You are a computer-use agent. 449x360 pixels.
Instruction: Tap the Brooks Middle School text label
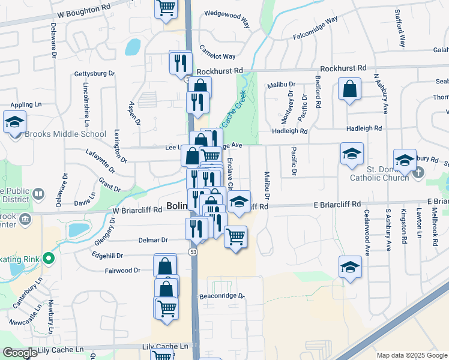click(65, 134)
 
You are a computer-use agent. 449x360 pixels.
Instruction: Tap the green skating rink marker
click(49, 260)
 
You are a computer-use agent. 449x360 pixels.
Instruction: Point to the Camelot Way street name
click(217, 53)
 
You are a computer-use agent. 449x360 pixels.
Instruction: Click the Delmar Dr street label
click(153, 240)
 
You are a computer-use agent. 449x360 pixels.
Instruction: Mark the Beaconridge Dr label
click(221, 296)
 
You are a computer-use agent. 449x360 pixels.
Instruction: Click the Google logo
click(20, 353)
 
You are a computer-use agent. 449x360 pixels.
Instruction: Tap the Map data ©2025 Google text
click(411, 355)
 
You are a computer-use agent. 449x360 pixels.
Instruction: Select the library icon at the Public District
click(38, 194)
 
